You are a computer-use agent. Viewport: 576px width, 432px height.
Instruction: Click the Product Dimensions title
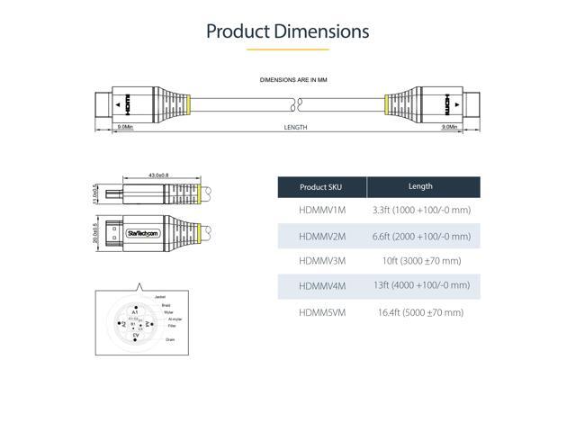click(288, 31)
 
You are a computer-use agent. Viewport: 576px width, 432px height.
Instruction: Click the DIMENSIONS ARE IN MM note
click(288, 80)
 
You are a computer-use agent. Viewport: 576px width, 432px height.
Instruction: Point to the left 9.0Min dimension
click(125, 128)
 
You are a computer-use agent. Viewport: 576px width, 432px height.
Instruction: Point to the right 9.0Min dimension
click(448, 128)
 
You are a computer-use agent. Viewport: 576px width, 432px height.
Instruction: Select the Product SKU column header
click(321, 187)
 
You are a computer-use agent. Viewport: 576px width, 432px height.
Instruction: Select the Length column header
click(420, 186)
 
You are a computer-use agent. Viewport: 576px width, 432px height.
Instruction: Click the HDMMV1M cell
click(321, 211)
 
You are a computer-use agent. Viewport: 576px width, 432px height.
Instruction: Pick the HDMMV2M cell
click(321, 236)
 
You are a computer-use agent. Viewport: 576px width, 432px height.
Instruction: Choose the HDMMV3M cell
click(321, 261)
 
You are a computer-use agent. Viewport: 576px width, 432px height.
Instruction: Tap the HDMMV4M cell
click(321, 286)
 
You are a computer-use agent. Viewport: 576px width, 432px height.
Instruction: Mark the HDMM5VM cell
click(321, 312)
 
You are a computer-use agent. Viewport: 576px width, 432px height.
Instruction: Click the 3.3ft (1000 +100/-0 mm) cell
click(421, 211)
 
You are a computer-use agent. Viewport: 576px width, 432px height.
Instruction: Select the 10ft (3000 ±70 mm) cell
click(421, 261)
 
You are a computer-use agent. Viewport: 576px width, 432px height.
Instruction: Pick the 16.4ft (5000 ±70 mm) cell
click(421, 312)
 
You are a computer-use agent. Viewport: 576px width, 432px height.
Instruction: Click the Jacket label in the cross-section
click(160, 296)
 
